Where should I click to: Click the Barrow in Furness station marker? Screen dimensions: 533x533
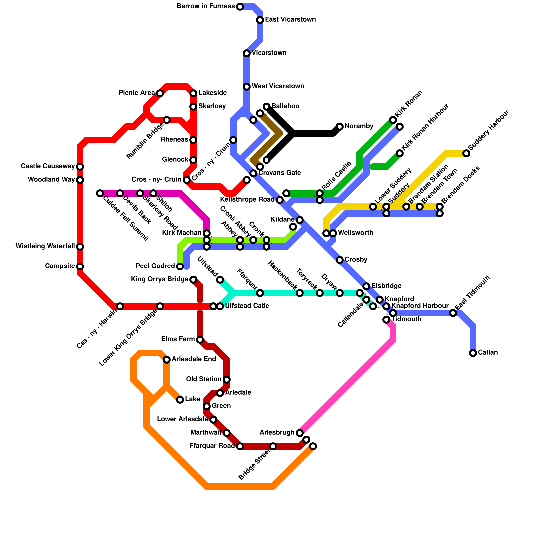click(240, 7)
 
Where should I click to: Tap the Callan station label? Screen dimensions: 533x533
click(488, 353)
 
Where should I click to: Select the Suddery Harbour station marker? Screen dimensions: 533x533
click(466, 153)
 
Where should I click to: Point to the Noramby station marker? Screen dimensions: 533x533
click(340, 127)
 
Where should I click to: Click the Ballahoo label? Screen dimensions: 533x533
click(285, 106)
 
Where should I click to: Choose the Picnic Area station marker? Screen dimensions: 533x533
click(160, 93)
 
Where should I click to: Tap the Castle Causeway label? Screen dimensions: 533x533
click(48, 166)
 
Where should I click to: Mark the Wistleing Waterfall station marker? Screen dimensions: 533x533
click(80, 247)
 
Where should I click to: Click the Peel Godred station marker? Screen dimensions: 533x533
click(180, 266)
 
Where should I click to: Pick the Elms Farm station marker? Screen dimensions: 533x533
click(200, 340)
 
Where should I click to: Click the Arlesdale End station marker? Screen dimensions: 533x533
click(167, 360)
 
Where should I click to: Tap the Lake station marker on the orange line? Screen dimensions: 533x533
click(180, 400)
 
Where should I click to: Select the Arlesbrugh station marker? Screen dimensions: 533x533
click(300, 433)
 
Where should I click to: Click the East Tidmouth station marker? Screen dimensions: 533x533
click(453, 313)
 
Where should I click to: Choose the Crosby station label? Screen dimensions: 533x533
click(356, 260)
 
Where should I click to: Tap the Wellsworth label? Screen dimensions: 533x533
click(355, 233)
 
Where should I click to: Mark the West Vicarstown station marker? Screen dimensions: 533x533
click(247, 87)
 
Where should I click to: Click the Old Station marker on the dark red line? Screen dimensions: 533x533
click(227, 380)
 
